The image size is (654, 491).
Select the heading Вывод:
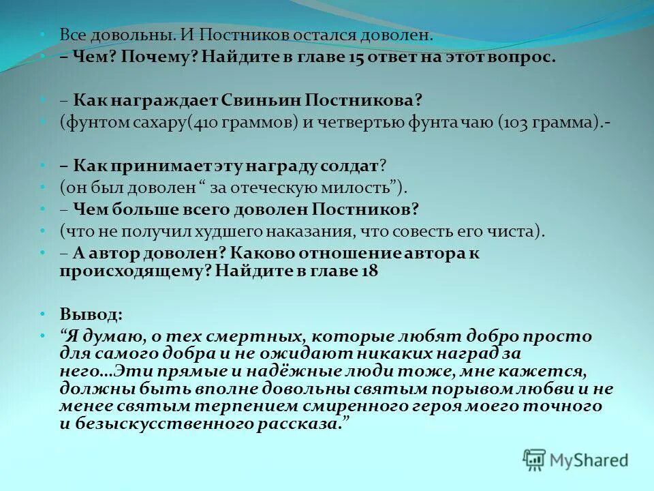91,314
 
